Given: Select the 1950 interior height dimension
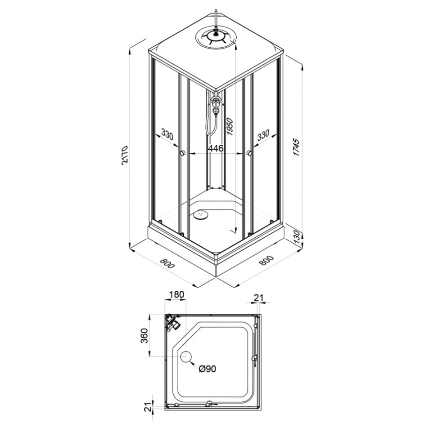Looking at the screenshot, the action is click(x=230, y=126).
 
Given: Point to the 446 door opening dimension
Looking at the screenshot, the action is click(x=216, y=148).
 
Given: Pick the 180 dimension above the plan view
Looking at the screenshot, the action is click(x=176, y=295).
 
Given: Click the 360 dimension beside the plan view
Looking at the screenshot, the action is click(x=144, y=336).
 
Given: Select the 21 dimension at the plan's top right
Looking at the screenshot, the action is click(x=258, y=298).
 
